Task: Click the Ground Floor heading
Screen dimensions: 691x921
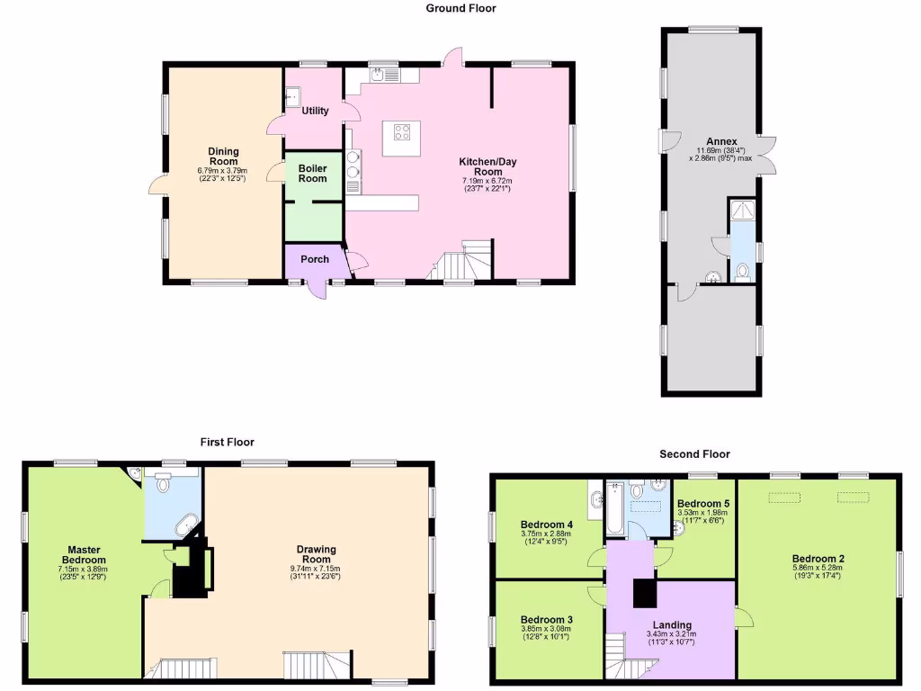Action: (460, 8)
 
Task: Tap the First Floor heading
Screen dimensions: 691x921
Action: (227, 442)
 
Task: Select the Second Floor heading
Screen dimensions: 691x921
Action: (693, 454)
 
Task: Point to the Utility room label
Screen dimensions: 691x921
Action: (315, 111)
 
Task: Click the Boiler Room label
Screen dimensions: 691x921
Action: (313, 173)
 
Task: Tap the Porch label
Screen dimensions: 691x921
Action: (315, 259)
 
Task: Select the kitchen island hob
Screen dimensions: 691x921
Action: (401, 134)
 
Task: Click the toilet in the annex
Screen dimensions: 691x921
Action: (743, 269)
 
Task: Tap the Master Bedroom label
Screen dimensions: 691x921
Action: (81, 554)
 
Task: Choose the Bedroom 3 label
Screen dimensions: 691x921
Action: (546, 619)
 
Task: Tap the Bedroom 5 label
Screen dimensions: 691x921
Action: (702, 503)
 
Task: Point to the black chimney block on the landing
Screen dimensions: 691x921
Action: (646, 594)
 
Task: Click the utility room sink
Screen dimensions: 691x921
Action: (293, 96)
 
